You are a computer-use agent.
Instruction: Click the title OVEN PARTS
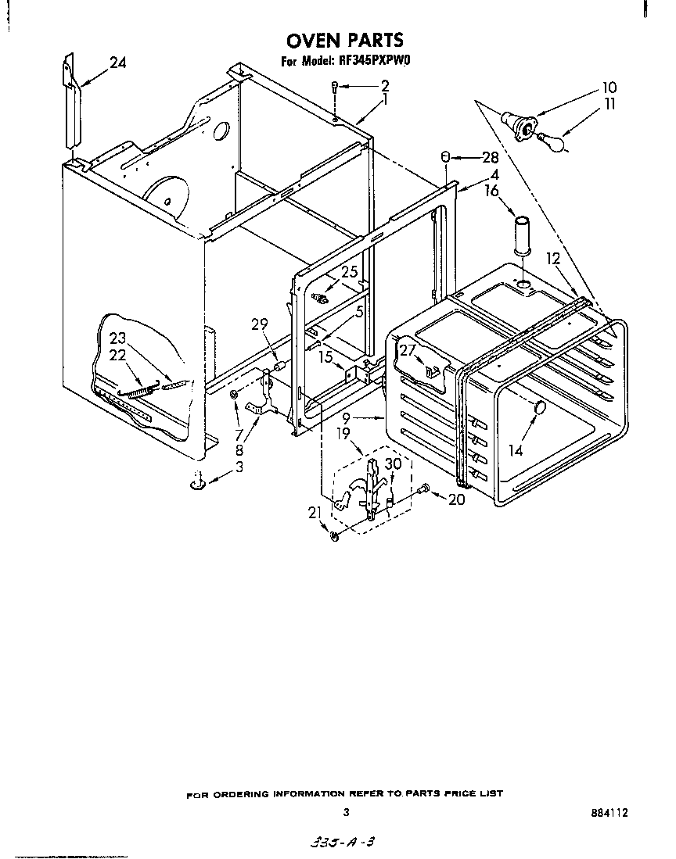click(344, 40)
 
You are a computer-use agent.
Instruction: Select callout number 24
click(117, 63)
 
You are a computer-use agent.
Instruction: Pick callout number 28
click(491, 157)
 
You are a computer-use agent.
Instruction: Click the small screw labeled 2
click(335, 88)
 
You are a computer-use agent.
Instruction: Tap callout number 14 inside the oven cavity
click(515, 451)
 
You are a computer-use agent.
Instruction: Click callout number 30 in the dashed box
click(393, 463)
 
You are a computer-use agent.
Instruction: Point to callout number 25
click(349, 272)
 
